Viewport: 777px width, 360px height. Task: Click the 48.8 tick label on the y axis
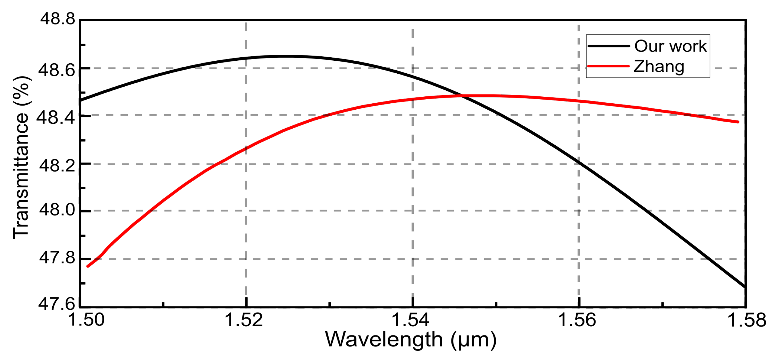point(58,19)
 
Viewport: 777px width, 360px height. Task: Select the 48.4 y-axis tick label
point(56,117)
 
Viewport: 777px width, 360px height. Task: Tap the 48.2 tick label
point(57,165)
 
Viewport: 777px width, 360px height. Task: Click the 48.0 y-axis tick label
point(57,209)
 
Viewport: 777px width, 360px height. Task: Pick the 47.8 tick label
point(57,258)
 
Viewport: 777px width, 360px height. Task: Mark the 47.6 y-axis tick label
point(56,304)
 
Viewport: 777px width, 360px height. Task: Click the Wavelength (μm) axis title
point(411,340)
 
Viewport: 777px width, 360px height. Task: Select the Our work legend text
point(670,46)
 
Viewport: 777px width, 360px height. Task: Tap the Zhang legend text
point(659,66)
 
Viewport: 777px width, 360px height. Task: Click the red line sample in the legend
point(608,66)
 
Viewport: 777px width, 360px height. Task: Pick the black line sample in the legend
point(608,46)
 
